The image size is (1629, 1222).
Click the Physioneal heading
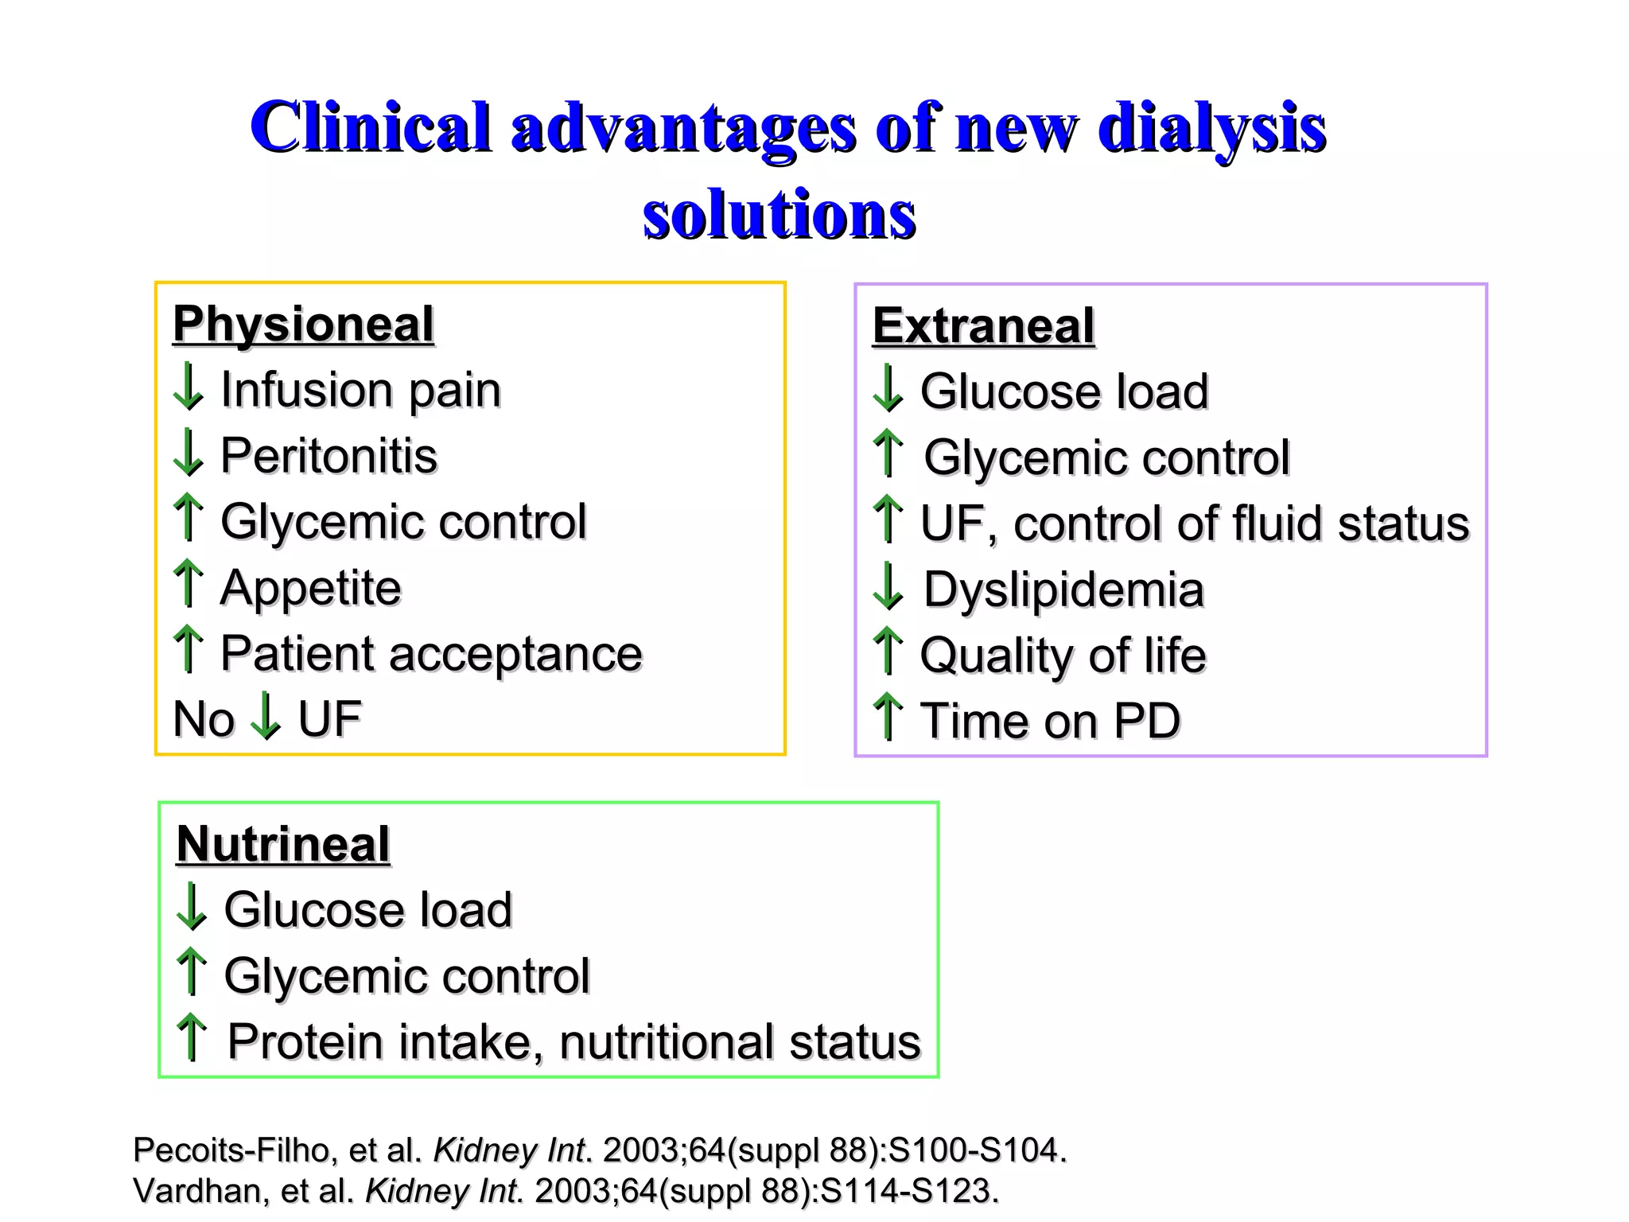303,324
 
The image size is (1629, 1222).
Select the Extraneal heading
983,326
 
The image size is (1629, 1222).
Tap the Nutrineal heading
283,844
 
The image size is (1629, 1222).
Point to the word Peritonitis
329,456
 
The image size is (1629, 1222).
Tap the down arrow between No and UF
265,716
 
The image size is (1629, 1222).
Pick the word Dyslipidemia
1063,590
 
